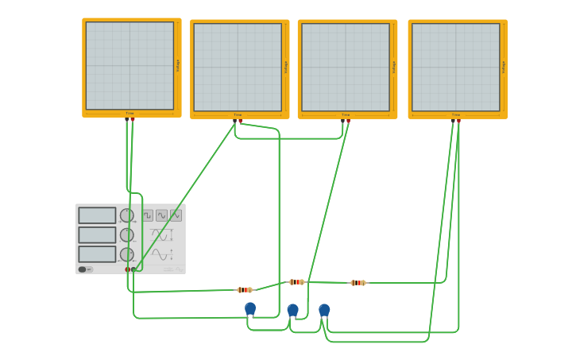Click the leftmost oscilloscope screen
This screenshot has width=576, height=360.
tap(130, 65)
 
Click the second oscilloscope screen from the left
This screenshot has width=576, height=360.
tap(238, 67)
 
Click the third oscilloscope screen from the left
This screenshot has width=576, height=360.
tap(346, 67)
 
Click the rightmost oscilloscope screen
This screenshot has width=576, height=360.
tap(456, 67)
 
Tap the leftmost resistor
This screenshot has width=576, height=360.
tap(245, 290)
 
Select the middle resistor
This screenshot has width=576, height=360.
tap(296, 282)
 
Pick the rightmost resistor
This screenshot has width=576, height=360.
tap(358, 283)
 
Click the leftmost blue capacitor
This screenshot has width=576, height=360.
tap(250, 308)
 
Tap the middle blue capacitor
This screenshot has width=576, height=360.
tap(292, 309)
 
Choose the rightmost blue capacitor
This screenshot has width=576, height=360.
tap(324, 309)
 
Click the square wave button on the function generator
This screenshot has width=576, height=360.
tap(148, 215)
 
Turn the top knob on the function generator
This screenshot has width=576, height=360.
tap(127, 215)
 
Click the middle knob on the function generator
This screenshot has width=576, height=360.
tap(127, 235)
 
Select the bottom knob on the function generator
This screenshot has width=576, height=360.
tap(127, 254)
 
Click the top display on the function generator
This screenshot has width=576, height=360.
tap(97, 215)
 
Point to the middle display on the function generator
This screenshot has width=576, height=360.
tap(97, 235)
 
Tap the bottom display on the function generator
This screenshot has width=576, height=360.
tap(97, 254)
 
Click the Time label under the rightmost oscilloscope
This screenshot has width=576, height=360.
tap(455, 114)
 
